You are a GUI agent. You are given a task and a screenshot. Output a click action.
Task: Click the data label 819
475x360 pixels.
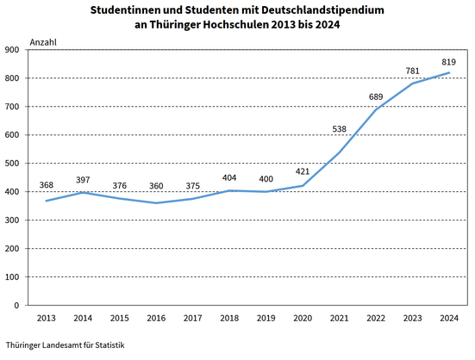tap(448, 62)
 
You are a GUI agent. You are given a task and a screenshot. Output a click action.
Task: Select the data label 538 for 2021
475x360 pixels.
tap(339, 129)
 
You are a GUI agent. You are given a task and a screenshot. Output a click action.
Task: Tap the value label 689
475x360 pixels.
tap(376, 96)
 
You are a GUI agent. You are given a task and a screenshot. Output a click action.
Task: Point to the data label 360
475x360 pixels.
tap(156, 186)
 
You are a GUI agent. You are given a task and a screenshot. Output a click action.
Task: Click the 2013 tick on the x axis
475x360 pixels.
tap(47, 319)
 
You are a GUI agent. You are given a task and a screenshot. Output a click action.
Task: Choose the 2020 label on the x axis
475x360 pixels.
tap(303, 319)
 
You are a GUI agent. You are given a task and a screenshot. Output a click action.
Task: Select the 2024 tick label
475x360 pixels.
tap(449, 319)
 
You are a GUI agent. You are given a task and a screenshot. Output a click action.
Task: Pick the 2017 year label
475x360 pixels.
tap(192, 319)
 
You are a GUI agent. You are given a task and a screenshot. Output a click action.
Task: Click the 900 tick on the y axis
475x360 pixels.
tap(12, 50)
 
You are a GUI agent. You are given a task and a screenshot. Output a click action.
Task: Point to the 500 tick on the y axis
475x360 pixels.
tap(12, 164)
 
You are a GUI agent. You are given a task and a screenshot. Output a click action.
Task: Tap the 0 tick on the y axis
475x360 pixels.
tap(16, 306)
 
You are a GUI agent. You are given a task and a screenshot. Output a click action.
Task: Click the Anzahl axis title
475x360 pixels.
tap(43, 42)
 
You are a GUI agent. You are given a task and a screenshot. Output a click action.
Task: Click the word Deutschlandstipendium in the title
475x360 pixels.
tap(322, 10)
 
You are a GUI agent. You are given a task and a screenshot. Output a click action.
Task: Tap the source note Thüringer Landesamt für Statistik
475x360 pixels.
tap(66, 345)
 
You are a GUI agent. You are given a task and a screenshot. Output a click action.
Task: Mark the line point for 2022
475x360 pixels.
tap(376, 109)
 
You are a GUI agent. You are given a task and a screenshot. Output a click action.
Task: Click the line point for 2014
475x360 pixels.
tap(83, 192)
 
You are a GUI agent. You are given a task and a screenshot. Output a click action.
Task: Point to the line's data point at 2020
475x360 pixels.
tap(303, 185)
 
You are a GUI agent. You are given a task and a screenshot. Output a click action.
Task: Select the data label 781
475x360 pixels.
tap(412, 71)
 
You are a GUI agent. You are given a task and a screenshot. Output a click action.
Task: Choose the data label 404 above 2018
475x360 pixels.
tap(229, 178)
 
